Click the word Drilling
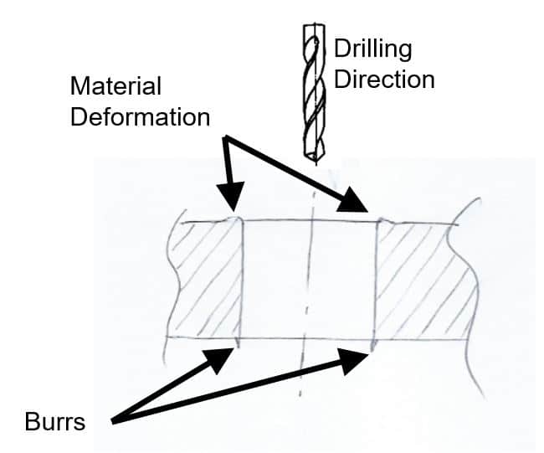[373, 49]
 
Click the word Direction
[384, 80]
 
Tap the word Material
[115, 87]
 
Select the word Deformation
[140, 116]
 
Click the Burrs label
[54, 421]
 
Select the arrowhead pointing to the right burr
[360, 358]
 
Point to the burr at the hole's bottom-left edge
[239, 342]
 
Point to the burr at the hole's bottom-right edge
[373, 345]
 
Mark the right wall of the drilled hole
[376, 281]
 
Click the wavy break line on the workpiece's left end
[172, 276]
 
